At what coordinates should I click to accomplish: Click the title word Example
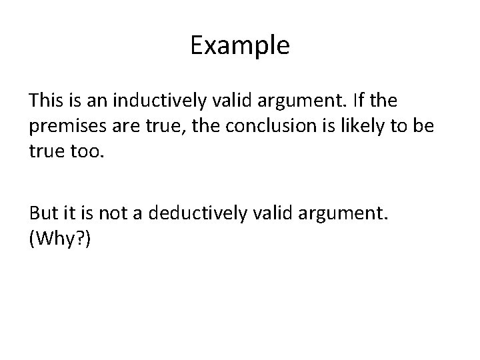point(240,45)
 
